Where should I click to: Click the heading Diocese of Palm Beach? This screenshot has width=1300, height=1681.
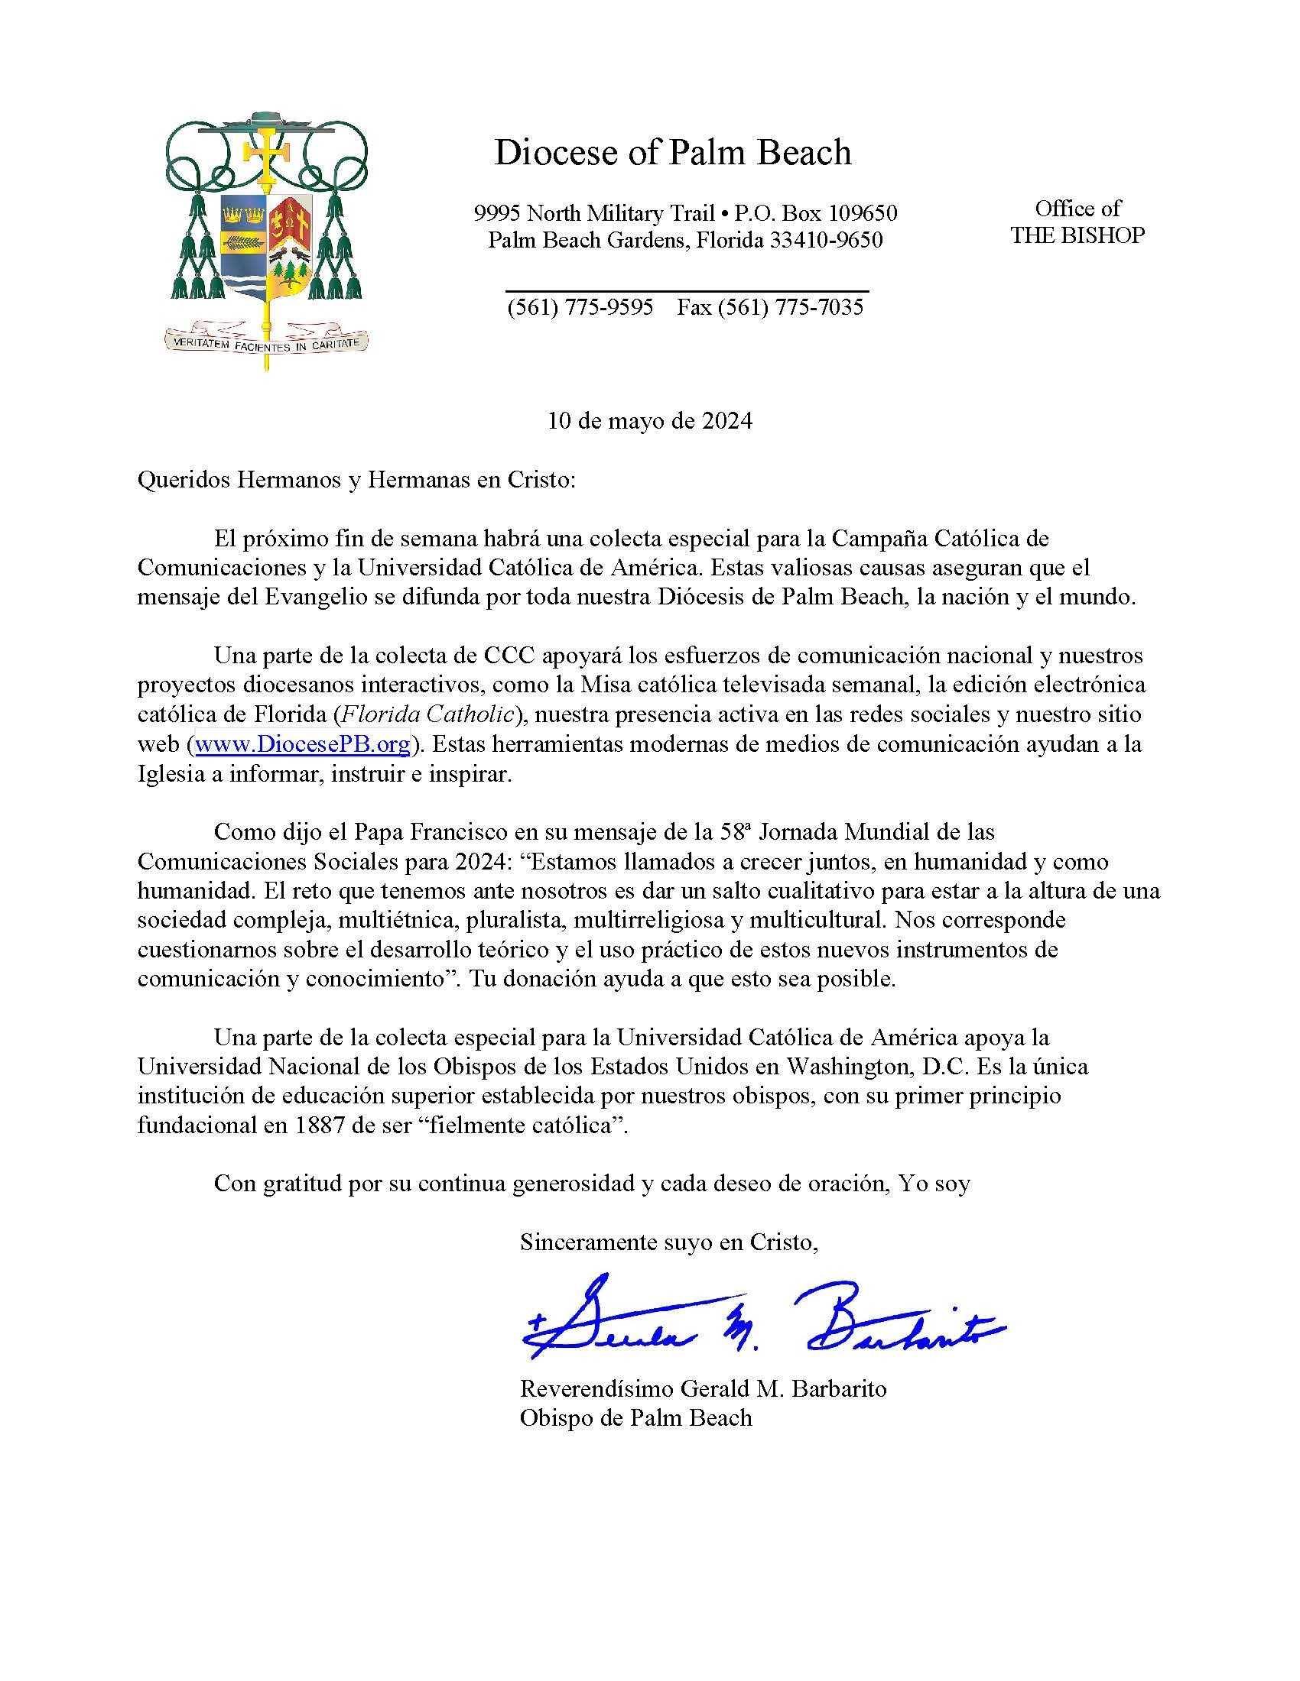(x=671, y=152)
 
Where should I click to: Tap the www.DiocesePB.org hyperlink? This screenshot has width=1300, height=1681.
(x=302, y=744)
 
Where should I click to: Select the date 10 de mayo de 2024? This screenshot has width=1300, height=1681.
(x=649, y=421)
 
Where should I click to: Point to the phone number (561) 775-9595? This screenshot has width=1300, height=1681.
(x=579, y=307)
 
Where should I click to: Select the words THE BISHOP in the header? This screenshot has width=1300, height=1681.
(x=1077, y=235)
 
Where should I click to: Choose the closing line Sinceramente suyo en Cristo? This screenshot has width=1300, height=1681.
(x=668, y=1242)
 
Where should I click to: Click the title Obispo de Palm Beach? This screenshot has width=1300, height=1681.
(x=635, y=1417)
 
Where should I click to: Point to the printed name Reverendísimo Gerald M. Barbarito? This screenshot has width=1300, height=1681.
(x=702, y=1388)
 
